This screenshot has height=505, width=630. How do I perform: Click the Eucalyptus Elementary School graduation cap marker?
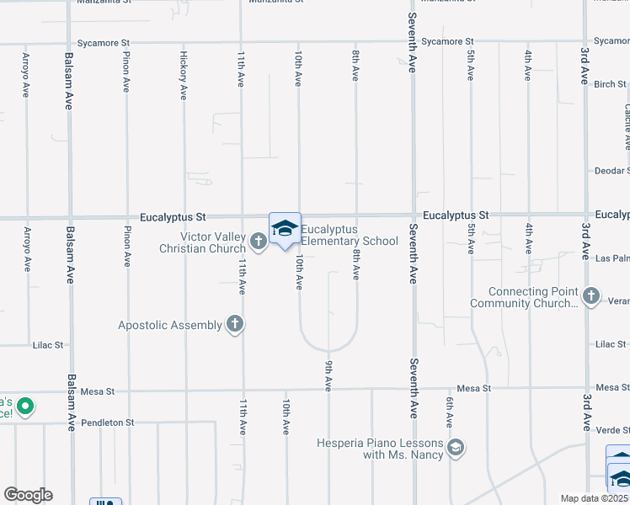tap(285, 229)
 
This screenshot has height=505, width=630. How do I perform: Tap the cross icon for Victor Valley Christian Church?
tap(259, 242)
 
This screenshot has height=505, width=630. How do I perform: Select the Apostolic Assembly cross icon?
tap(235, 325)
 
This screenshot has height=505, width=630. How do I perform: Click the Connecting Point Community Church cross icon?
tap(591, 295)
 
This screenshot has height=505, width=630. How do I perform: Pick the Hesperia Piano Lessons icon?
tap(456, 447)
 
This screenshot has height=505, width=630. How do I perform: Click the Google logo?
tap(28, 495)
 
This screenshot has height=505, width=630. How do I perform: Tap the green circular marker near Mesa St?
tap(25, 407)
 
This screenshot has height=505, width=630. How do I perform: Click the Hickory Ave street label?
tap(183, 76)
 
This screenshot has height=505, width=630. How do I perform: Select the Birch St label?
tap(610, 84)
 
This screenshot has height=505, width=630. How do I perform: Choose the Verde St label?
tap(611, 429)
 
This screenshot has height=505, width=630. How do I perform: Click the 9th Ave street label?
tap(328, 375)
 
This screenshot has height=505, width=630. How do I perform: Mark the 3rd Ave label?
tap(584, 66)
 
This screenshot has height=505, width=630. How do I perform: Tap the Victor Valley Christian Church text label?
tap(205, 242)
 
